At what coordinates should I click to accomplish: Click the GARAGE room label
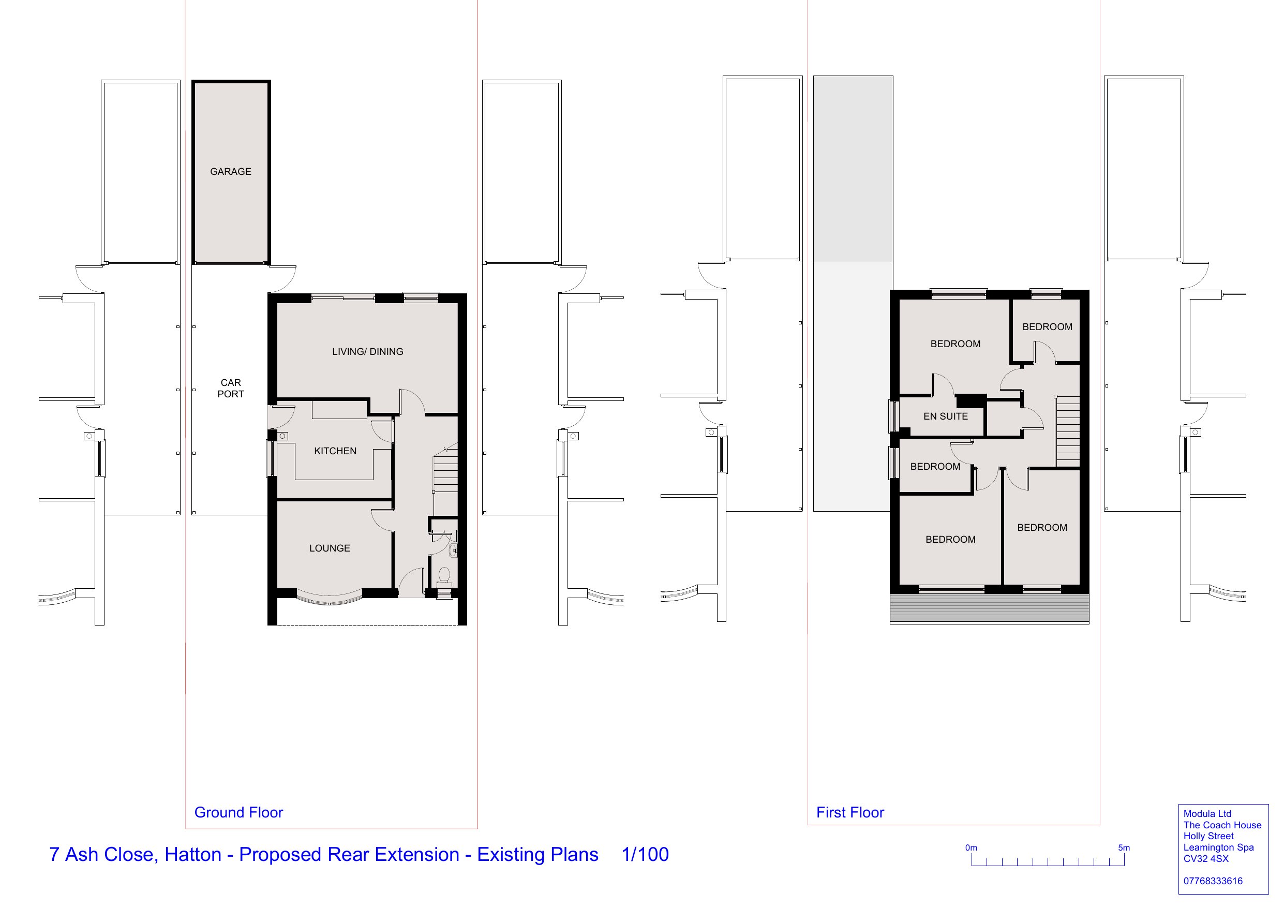(x=230, y=172)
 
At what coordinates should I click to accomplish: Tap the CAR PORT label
(x=230, y=388)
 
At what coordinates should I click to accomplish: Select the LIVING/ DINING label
(x=367, y=352)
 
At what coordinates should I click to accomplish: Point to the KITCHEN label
(x=335, y=451)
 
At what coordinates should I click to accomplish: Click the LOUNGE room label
(x=330, y=548)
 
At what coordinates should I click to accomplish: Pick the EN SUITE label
(x=945, y=416)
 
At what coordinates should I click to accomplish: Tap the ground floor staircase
(x=446, y=479)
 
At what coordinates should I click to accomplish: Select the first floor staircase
(x=1068, y=431)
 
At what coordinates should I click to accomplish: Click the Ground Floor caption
(x=239, y=812)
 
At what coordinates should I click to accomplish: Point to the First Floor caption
(x=850, y=812)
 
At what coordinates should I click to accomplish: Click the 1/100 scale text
(x=645, y=854)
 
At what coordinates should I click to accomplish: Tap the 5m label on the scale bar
(x=1124, y=847)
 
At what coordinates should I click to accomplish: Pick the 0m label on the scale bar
(x=971, y=847)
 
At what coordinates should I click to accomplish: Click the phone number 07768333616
(x=1213, y=881)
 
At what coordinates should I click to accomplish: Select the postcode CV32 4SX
(x=1206, y=859)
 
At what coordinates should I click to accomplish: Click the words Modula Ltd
(x=1207, y=814)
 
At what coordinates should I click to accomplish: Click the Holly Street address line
(x=1208, y=837)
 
